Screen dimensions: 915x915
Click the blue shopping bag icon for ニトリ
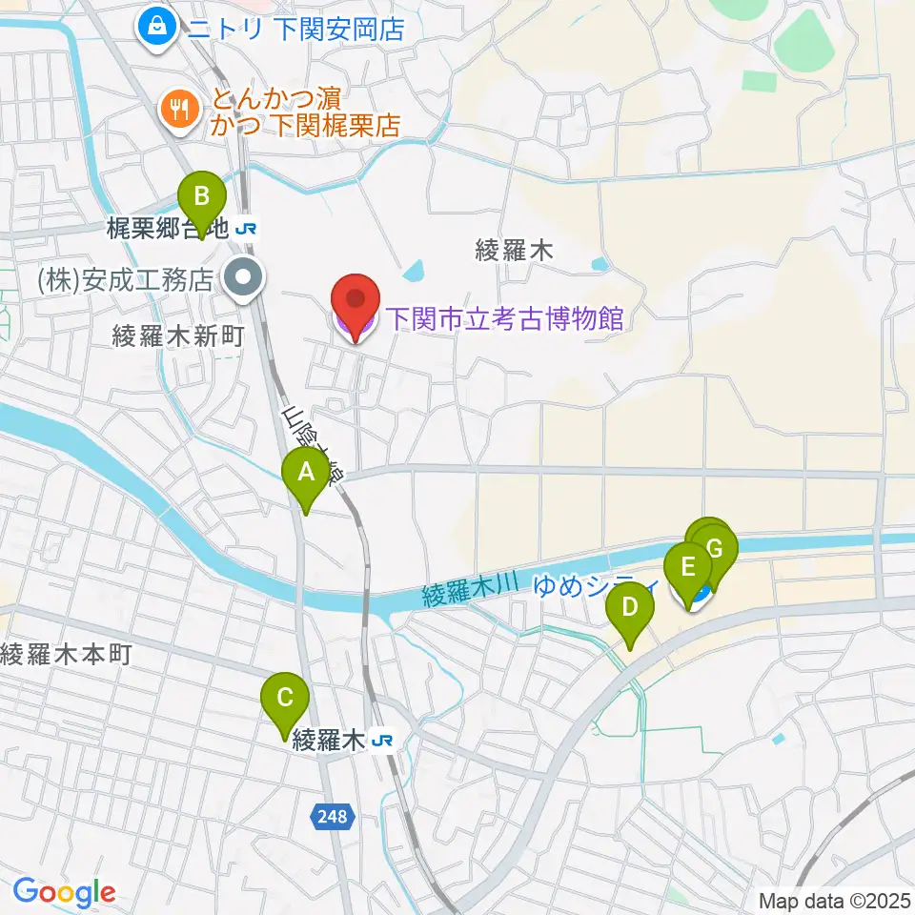tap(156, 28)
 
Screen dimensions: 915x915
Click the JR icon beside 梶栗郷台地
tap(248, 229)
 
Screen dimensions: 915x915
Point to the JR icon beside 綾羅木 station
tap(382, 740)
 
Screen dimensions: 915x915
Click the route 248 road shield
tap(334, 816)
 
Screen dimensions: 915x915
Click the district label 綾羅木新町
tap(179, 335)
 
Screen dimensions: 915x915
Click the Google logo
tap(64, 893)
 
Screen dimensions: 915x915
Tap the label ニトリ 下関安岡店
tap(295, 29)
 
